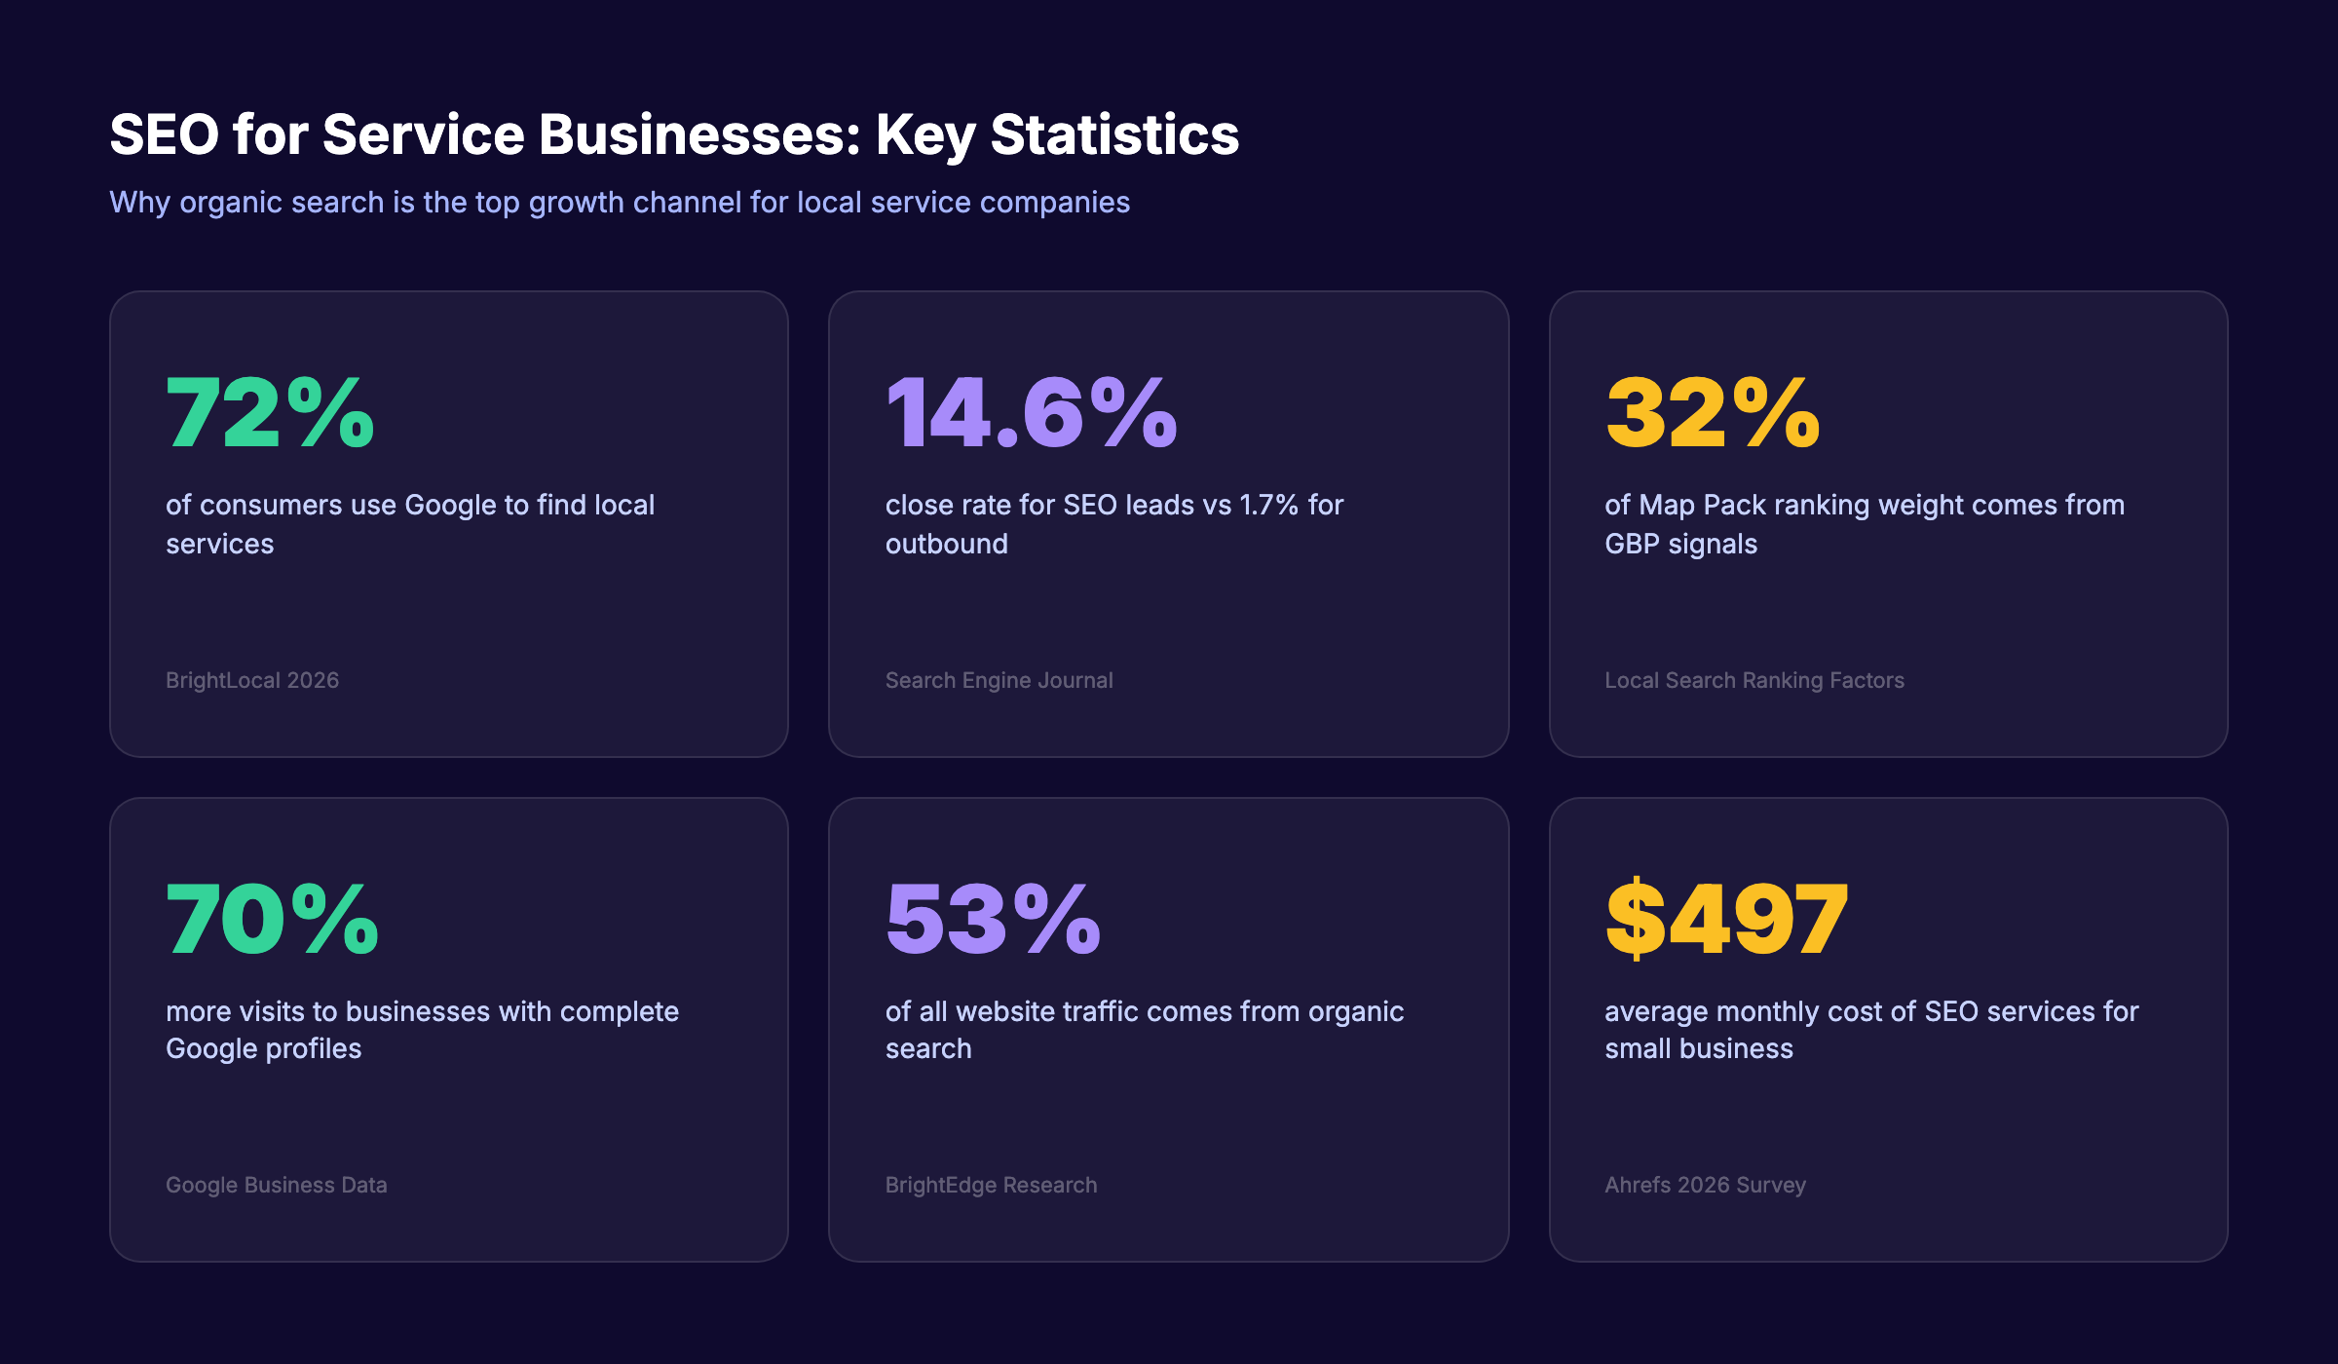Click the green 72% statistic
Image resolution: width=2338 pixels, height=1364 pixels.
click(x=270, y=413)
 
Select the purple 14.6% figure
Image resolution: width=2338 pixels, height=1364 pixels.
click(x=1031, y=413)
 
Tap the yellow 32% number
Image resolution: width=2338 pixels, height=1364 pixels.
click(x=1712, y=413)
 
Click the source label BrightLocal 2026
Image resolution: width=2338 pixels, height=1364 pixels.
click(x=252, y=680)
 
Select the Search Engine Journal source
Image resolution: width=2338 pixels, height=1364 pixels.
click(x=999, y=680)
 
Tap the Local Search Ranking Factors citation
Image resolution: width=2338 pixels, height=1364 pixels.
click(x=1753, y=680)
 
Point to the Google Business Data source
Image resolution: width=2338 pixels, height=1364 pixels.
click(x=276, y=1185)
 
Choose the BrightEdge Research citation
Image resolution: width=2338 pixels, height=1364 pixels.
click(x=991, y=1185)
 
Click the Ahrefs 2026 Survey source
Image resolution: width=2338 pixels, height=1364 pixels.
click(x=1705, y=1185)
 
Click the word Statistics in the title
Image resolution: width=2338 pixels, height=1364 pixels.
click(x=1114, y=134)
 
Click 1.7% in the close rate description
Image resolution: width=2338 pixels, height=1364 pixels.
click(x=1268, y=505)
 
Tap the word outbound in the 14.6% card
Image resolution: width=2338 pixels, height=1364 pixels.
click(x=946, y=544)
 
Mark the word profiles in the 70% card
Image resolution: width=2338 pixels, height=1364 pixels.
click(x=314, y=1049)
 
